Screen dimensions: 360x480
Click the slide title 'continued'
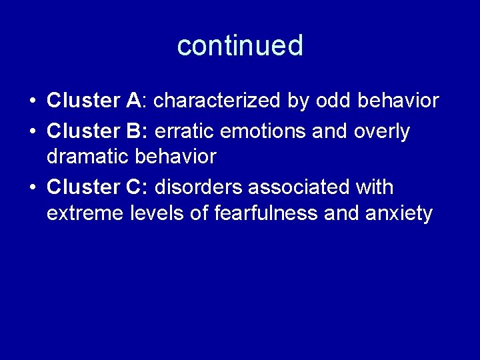240,45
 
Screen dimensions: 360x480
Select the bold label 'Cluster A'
93,101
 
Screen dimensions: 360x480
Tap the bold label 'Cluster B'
93,131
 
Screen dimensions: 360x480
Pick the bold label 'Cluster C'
93,187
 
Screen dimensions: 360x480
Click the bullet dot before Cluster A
32,102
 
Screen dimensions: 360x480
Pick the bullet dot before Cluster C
32,189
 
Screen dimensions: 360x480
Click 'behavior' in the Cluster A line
399,101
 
